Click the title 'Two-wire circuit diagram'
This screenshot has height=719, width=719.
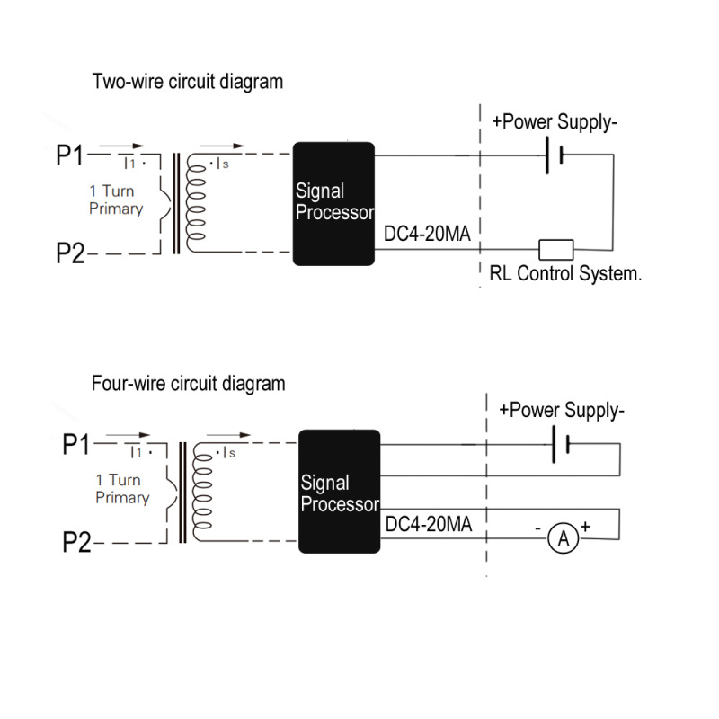click(x=188, y=82)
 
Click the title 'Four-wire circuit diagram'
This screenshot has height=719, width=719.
click(x=189, y=384)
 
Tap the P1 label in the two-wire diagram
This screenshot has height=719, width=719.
click(x=69, y=156)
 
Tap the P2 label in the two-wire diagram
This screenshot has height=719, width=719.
click(x=69, y=254)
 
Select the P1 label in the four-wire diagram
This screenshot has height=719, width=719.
click(x=76, y=445)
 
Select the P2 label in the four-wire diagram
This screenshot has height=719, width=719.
click(x=76, y=543)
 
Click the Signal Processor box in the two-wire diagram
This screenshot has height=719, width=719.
click(x=333, y=204)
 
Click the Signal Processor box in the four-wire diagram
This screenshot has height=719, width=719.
click(x=340, y=493)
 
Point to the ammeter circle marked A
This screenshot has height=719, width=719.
click(x=564, y=538)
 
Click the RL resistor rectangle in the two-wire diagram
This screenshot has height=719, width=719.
click(x=555, y=249)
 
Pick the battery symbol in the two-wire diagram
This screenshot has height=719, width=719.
click(x=552, y=155)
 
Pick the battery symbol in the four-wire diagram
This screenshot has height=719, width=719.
click(x=561, y=445)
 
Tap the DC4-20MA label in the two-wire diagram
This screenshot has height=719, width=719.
click(x=428, y=235)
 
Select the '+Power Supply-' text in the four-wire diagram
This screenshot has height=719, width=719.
click(x=562, y=411)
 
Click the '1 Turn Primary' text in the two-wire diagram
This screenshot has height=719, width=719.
click(x=116, y=200)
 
